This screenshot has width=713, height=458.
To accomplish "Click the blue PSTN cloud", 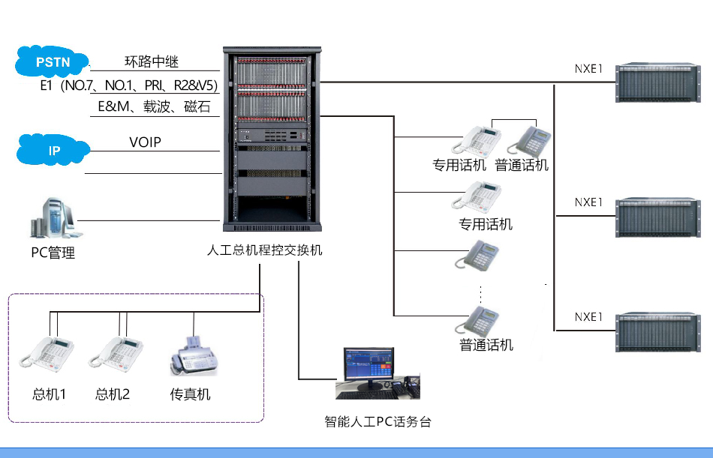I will click(x=52, y=62).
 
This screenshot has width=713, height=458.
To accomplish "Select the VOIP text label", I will click(x=145, y=142).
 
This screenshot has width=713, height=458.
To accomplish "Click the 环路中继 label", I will click(x=152, y=61).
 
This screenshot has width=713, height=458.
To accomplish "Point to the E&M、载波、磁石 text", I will click(x=154, y=107).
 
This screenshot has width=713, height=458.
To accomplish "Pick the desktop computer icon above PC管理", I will click(x=52, y=219).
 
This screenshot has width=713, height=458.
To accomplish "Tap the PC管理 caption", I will click(x=53, y=253).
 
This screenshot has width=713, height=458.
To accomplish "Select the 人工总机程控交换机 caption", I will click(x=263, y=250).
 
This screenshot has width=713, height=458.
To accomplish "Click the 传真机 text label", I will click(x=190, y=394).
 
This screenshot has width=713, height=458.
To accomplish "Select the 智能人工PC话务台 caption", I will click(x=378, y=421).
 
